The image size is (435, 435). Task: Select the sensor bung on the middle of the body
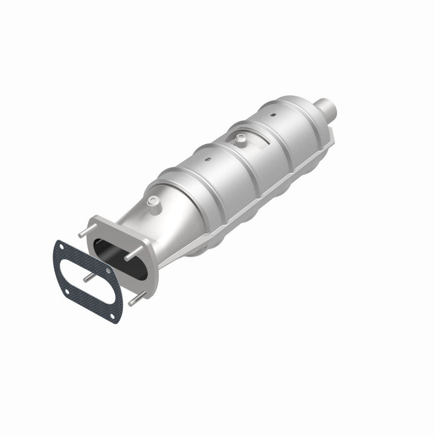pyautogui.click(x=240, y=139)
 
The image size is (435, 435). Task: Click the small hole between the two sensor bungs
pyautogui.click(x=208, y=161)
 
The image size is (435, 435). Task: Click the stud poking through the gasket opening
pyautogui.click(x=89, y=277)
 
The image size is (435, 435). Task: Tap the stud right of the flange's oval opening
pyautogui.click(x=132, y=257)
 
